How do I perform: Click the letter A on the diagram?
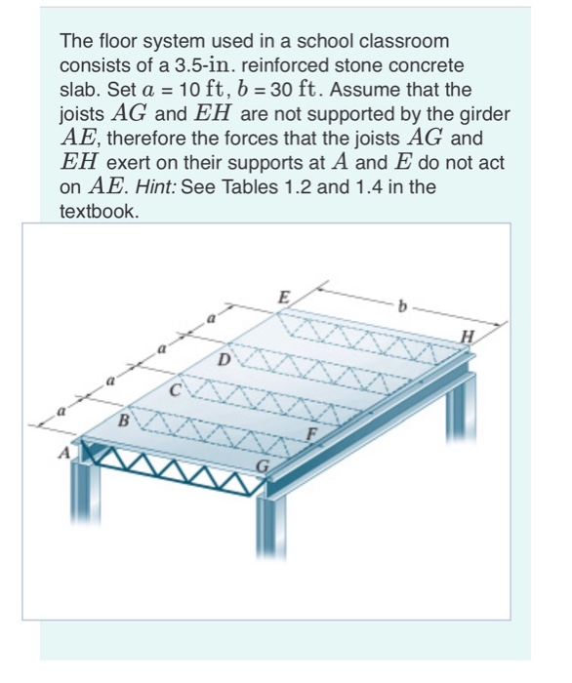[x=64, y=453]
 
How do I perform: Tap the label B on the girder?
[x=124, y=422]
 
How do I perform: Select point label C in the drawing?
[x=176, y=393]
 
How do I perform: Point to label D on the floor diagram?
[x=224, y=360]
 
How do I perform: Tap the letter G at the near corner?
[x=262, y=470]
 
